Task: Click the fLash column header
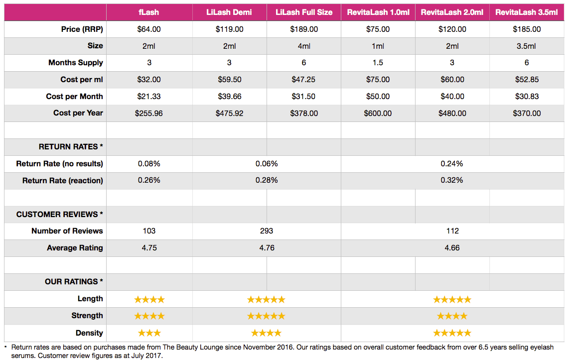tap(149, 12)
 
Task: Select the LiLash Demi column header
tap(229, 12)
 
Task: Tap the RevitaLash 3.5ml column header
tap(527, 12)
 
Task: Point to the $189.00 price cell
tap(304, 29)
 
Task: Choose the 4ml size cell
tap(304, 46)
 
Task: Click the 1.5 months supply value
tap(378, 63)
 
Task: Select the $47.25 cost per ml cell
tap(304, 80)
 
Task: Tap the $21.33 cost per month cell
tap(149, 97)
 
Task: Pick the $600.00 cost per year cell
tap(378, 114)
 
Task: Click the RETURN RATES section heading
tap(71, 147)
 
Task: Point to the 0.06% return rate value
tap(267, 164)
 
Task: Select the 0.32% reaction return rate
tap(452, 180)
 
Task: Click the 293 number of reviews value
tap(267, 231)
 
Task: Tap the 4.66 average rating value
tap(452, 248)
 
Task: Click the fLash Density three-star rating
tap(149, 333)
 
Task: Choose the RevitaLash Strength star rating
tap(452, 316)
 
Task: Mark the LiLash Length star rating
tap(267, 299)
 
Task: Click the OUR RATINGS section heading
tap(74, 282)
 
